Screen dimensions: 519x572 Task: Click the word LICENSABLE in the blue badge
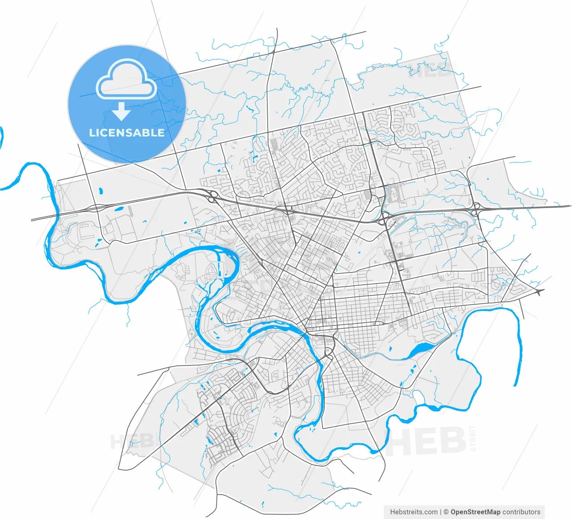click(x=127, y=133)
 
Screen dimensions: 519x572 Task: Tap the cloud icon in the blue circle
click(x=127, y=81)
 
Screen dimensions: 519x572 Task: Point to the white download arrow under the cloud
click(x=121, y=111)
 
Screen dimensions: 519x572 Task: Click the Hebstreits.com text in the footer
click(x=414, y=512)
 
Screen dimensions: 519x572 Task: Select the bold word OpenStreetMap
click(x=475, y=512)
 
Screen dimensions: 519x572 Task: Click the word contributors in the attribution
click(x=522, y=512)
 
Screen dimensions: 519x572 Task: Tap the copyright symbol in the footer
click(x=445, y=512)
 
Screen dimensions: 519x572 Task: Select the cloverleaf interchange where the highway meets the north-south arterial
click(x=384, y=220)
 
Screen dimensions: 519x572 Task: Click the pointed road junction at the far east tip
click(x=540, y=292)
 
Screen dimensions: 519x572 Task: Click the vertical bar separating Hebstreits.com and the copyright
click(x=441, y=512)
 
